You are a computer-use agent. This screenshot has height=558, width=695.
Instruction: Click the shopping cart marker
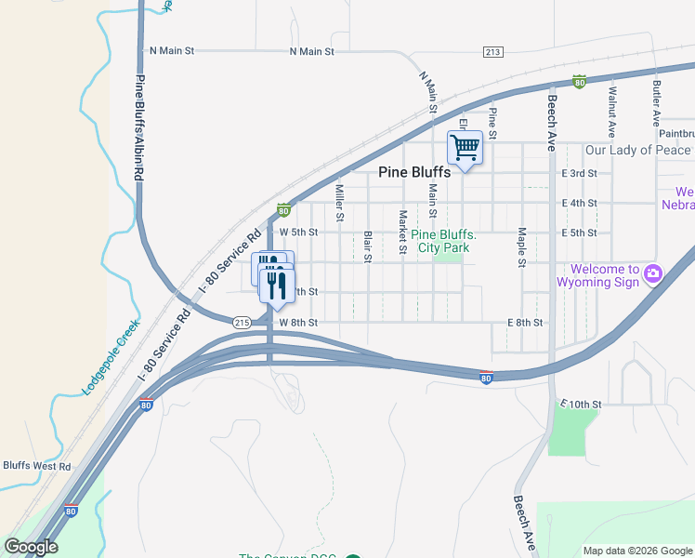tap(465, 147)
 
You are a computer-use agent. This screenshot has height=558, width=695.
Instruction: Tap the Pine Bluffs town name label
tap(415, 172)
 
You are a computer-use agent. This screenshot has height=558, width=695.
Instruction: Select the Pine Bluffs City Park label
tap(444, 242)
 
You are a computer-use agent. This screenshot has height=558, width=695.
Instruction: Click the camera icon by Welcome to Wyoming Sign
tap(653, 272)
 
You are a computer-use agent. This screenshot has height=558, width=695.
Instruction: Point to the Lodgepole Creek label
tap(111, 358)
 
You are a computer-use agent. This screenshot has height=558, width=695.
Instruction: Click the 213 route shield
tap(492, 51)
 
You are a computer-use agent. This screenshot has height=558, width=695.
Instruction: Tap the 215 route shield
tap(242, 323)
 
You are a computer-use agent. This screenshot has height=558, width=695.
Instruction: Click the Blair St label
tap(368, 246)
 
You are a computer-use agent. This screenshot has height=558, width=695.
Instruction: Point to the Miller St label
tap(339, 203)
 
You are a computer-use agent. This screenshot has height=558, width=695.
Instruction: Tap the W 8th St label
tap(298, 323)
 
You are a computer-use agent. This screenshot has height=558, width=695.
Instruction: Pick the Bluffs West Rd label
tap(36, 466)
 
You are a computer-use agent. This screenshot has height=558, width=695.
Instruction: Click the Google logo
tap(31, 547)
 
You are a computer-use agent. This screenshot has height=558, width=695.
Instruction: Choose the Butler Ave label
tap(656, 102)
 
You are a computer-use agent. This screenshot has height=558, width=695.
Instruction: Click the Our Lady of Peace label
tap(637, 150)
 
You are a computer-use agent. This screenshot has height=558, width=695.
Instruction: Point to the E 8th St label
tap(525, 323)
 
